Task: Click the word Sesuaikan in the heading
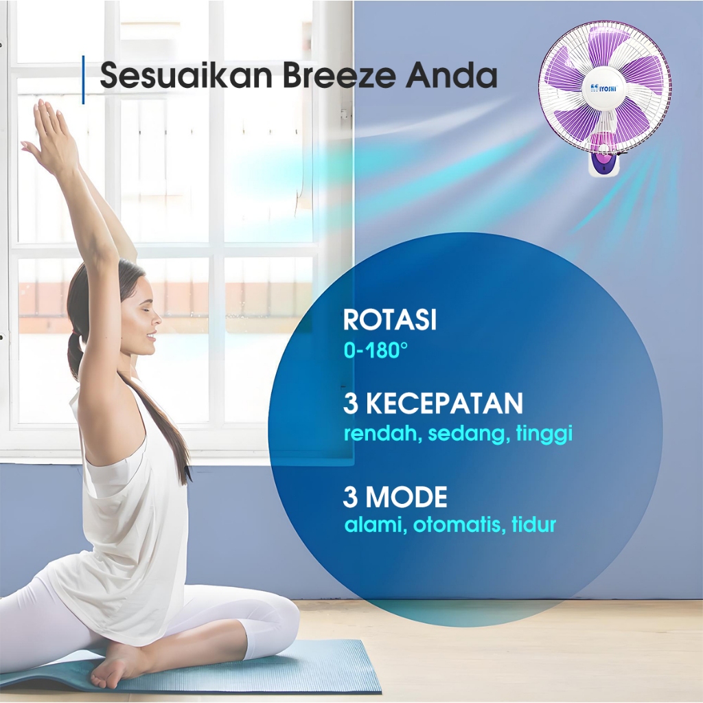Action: pos(186,74)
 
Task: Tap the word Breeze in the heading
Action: pos(339,74)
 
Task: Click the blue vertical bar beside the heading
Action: pos(83,80)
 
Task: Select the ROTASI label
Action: pos(390,320)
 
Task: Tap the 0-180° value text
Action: pos(376,350)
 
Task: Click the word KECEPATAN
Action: pos(445,403)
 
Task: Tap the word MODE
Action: pos(406,497)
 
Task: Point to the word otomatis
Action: pos(457,524)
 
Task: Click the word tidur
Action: pos(534,524)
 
